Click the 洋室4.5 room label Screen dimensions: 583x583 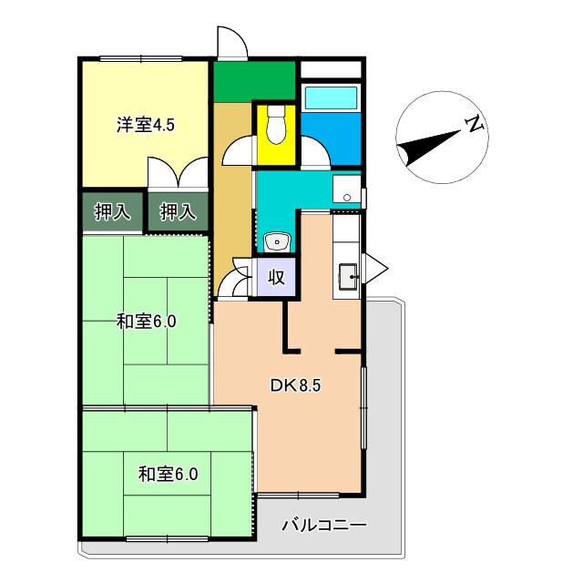point(146,125)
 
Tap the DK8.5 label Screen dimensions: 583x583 point(295,385)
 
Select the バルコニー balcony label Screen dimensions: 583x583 point(324,526)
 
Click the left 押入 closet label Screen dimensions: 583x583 point(112,212)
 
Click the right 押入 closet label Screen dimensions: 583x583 point(178,212)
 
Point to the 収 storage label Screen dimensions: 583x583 point(276,277)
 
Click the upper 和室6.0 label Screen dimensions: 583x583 point(146,322)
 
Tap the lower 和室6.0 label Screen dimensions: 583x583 point(168,474)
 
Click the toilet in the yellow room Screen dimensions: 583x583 point(276,125)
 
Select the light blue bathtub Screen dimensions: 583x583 point(331,97)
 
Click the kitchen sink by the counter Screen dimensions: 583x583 point(348,276)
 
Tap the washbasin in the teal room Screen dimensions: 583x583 point(277,242)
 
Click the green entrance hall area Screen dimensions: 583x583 point(254,81)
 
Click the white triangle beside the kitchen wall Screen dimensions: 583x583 point(374,269)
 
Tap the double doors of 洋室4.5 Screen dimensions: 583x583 point(178,172)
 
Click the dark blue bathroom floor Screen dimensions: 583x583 point(331,138)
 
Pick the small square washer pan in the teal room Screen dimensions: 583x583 point(346,189)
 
